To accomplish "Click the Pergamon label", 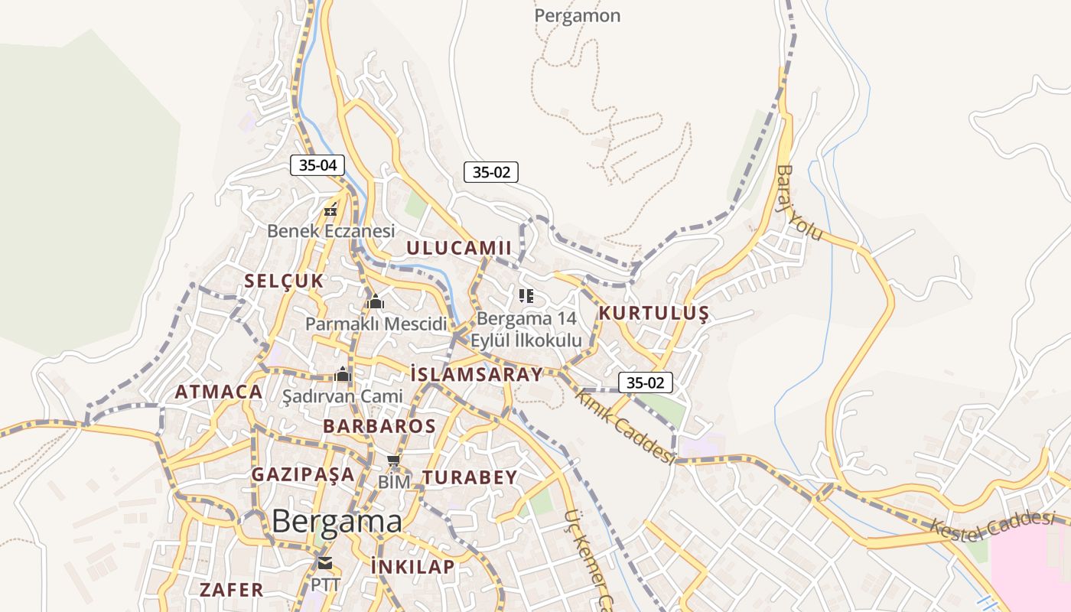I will coord(577,15).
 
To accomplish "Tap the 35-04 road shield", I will coord(317,164).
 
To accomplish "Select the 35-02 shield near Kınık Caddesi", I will coord(645,382).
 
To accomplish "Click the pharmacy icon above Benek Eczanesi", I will coord(331,210).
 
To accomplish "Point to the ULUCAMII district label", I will coord(458,248).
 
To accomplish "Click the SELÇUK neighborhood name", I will coord(284,281).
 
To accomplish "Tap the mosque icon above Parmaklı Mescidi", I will coord(375,301).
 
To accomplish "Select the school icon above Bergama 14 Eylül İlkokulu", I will coord(526,296).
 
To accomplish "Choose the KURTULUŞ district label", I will coord(653,313).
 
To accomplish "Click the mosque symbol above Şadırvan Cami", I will coord(343,374).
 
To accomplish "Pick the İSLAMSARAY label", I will coord(476,374).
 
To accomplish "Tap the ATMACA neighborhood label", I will coord(219,392).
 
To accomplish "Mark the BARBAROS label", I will coord(379,426).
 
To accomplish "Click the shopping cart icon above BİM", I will coord(394,460).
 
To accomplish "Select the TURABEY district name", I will coord(470,477).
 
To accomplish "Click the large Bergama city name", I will coord(337,522).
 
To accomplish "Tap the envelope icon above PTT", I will coord(325,564).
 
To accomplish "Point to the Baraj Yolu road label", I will coord(799,203).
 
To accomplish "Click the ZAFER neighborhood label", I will coord(231,590).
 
